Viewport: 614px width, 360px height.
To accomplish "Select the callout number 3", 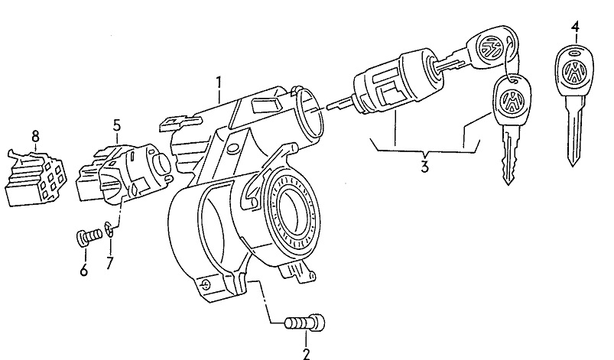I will [424, 166].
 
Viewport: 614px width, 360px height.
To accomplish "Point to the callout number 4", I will [574, 27].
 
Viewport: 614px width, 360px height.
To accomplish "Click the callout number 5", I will [116, 124].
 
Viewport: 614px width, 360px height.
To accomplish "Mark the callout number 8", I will [34, 136].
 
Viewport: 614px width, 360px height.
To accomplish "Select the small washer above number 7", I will [112, 227].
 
